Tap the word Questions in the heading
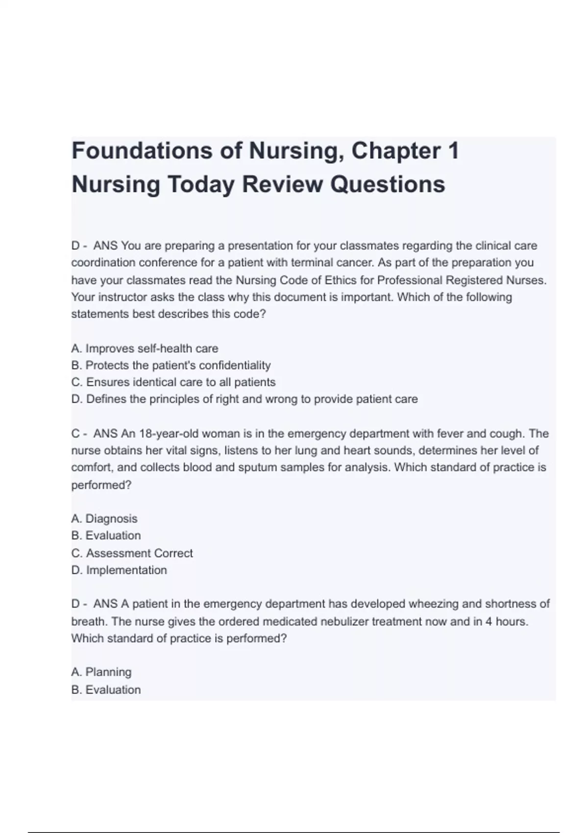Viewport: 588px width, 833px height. point(387,185)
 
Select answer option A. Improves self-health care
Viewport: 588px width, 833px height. point(145,348)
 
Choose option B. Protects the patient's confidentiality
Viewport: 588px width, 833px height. point(171,366)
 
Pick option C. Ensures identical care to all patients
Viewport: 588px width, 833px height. point(173,382)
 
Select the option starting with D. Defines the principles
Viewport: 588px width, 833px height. point(244,399)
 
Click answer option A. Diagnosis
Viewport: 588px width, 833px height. point(104,518)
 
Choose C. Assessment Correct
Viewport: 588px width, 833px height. point(132,553)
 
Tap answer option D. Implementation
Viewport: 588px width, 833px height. point(119,570)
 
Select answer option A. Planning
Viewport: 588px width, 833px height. point(101,672)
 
